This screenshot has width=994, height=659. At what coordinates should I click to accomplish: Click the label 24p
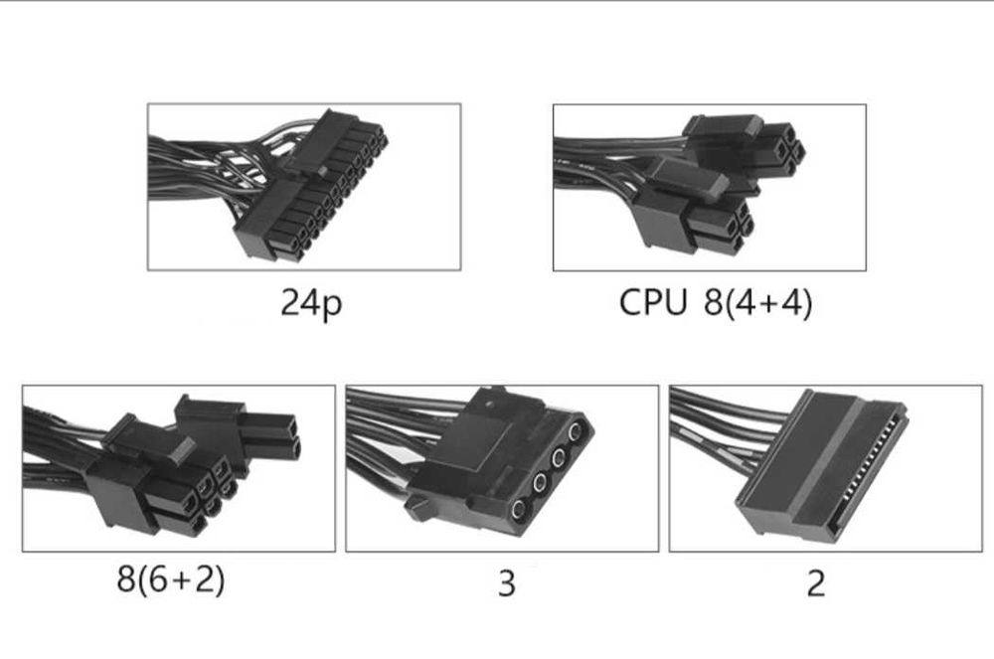311,303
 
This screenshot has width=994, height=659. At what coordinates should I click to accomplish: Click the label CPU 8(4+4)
715,303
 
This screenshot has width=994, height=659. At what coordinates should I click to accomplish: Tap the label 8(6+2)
170,578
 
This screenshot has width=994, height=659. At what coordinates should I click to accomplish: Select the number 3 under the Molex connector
506,583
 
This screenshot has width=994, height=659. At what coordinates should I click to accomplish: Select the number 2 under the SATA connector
815,583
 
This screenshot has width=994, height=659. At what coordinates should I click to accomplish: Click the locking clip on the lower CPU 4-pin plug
696,182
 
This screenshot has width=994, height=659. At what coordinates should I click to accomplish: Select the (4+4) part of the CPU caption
770,303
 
